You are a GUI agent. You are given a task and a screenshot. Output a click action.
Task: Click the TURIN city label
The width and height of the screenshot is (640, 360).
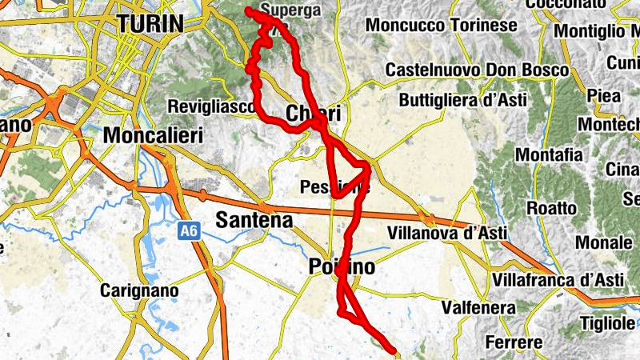coord(150,24)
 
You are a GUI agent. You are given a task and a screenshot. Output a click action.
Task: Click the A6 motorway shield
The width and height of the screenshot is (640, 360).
coord(187,231)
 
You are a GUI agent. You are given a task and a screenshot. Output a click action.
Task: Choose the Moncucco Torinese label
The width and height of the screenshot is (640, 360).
coord(441,26)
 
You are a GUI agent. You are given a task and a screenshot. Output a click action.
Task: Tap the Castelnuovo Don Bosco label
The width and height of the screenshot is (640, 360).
coord(477,71)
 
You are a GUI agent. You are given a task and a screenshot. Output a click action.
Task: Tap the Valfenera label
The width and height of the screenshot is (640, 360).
coord(475,307)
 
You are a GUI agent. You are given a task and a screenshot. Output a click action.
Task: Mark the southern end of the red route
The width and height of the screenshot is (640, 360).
coord(392,349)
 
